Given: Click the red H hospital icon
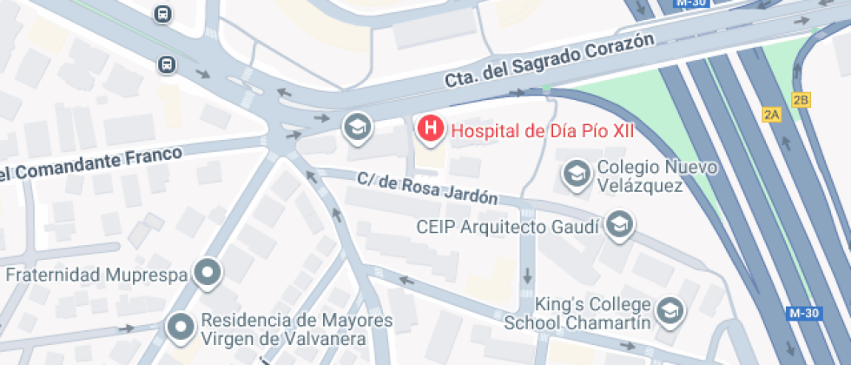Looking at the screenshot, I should tap(429, 130).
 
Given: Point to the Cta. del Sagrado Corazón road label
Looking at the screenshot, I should tap(548, 64).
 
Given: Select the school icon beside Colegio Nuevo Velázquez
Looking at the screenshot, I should tap(575, 174).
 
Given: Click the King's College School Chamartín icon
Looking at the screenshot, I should tap(670, 309).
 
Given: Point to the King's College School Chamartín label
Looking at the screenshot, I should tap(577, 314).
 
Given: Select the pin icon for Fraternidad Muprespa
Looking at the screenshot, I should tap(208, 274).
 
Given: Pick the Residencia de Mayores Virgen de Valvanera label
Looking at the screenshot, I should tap(297, 328).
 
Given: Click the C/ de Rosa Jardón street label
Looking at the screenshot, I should tap(427, 189).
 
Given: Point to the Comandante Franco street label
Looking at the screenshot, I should tap(91, 164).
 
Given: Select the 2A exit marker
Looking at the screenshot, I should tap(771, 114).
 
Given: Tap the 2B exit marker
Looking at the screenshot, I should tap(801, 100).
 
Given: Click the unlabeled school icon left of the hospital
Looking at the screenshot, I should tap(356, 129).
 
